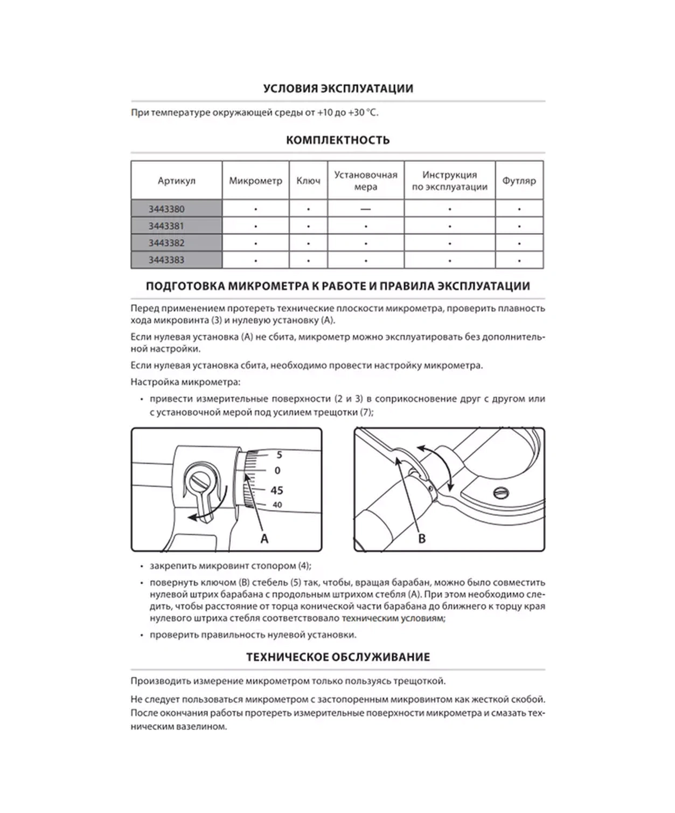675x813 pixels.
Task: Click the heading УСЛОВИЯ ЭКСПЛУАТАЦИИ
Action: [x=338, y=88]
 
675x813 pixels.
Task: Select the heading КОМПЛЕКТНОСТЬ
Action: [x=338, y=140]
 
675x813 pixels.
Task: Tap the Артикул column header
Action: [x=176, y=181]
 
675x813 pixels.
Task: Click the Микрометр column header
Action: [x=255, y=181]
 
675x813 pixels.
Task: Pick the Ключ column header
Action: [x=308, y=181]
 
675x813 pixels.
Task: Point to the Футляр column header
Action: [x=519, y=181]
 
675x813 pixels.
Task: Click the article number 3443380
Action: [x=166, y=209]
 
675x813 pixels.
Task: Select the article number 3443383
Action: [x=166, y=260]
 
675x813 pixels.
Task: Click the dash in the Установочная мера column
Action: [x=366, y=209]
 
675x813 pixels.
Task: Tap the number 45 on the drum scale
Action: [x=276, y=490]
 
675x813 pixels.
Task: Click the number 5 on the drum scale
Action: [x=279, y=455]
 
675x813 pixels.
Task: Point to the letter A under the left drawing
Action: [x=264, y=539]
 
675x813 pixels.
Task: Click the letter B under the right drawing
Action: [x=422, y=539]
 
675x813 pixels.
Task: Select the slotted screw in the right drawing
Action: [x=500, y=493]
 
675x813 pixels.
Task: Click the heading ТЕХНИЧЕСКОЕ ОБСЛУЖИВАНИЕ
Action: [x=338, y=657]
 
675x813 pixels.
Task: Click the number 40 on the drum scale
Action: [x=277, y=505]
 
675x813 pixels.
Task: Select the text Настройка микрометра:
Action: [x=185, y=382]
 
